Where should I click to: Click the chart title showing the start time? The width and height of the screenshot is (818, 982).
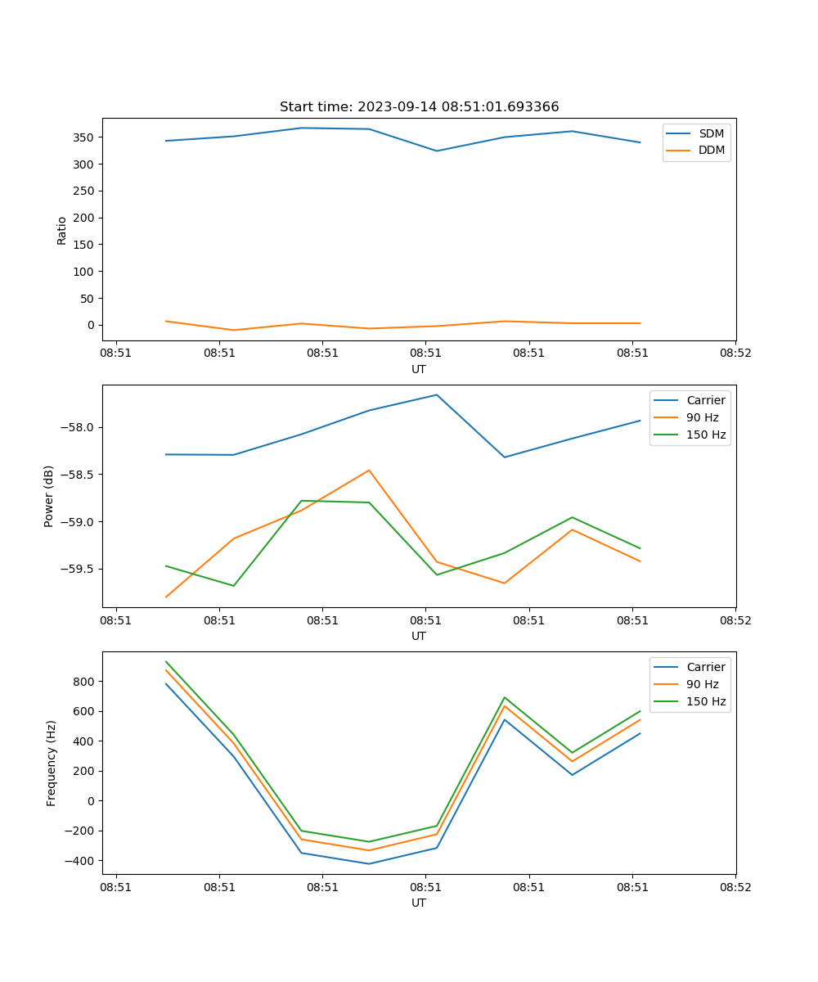(x=419, y=107)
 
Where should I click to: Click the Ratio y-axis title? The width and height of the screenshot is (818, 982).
(x=62, y=230)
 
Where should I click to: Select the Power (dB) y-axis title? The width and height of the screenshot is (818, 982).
(x=49, y=496)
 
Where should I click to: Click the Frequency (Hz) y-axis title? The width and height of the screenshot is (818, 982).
(x=52, y=763)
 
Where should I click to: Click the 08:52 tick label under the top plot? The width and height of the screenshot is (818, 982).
(x=735, y=354)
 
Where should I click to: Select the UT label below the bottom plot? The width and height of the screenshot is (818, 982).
(x=419, y=903)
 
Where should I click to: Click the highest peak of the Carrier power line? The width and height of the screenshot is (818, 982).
(x=437, y=395)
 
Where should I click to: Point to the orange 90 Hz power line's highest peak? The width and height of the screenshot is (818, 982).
(x=369, y=470)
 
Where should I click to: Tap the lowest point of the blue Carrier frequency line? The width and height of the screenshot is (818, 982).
(x=369, y=863)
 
